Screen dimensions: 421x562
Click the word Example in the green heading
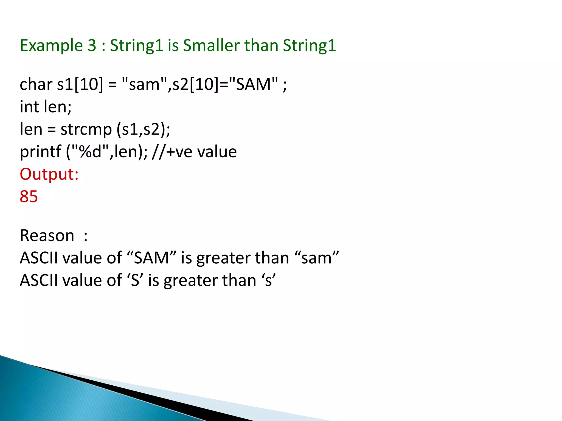(x=51, y=45)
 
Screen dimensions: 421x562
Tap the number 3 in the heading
(x=92, y=45)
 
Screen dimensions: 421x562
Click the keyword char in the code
(x=36, y=84)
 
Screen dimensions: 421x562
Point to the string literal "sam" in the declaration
(x=144, y=84)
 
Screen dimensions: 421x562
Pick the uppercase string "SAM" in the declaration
(x=253, y=84)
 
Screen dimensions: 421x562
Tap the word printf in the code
(x=40, y=152)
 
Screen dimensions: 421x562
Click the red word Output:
(x=49, y=174)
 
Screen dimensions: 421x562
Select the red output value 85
(x=29, y=197)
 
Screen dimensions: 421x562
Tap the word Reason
(x=47, y=236)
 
